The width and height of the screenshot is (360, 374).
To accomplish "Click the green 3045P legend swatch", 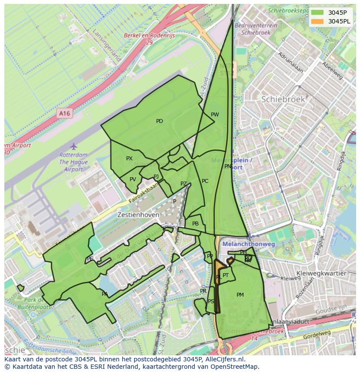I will click(317, 13).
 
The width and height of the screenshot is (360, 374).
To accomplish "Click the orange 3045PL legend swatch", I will click(317, 21).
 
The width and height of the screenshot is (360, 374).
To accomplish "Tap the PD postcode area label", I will click(160, 121).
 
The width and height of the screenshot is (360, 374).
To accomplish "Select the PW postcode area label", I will click(215, 115).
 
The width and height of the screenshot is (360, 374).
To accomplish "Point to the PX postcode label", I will click(129, 159).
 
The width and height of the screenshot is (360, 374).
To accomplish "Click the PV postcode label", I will click(133, 179).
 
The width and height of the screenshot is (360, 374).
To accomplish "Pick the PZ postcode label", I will click(183, 184).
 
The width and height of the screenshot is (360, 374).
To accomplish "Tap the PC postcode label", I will click(205, 181).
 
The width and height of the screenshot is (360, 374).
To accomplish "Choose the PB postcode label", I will click(195, 224).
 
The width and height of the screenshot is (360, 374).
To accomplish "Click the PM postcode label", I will click(240, 295).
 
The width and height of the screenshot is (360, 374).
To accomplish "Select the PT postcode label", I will click(226, 275).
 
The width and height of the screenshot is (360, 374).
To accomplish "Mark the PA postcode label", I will click(105, 294).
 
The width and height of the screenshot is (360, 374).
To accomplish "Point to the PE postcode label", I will click(90, 259).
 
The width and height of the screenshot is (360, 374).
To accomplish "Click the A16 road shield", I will click(64, 113).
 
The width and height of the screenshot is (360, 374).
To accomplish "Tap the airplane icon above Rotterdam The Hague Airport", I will click(73, 146).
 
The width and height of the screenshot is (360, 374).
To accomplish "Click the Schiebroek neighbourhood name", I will click(283, 99).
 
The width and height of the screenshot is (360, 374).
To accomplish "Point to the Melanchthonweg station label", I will click(249, 245).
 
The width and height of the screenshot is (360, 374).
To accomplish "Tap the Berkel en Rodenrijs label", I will click(149, 36).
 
